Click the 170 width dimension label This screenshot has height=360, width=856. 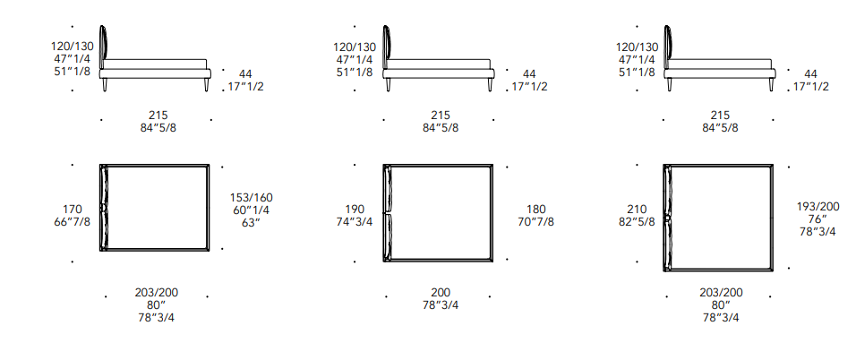point(73,210)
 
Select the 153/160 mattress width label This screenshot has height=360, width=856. point(251,197)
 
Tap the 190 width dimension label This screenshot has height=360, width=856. point(355,210)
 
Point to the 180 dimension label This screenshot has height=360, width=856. point(536,210)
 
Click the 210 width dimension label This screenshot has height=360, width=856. point(638,210)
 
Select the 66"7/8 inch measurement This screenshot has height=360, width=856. point(73,222)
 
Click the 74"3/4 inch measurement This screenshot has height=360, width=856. point(355,222)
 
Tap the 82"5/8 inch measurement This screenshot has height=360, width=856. point(638,222)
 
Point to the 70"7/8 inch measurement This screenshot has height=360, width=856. point(536,222)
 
